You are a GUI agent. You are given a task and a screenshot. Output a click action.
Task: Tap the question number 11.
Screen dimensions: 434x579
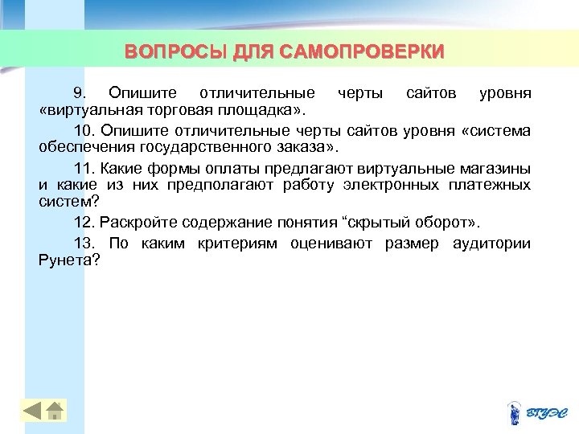point(84,168)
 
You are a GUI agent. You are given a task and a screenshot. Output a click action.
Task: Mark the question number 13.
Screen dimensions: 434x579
point(84,244)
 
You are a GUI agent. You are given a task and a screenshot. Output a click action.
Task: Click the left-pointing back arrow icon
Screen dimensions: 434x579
point(32,411)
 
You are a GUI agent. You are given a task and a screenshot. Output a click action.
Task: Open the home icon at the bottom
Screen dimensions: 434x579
point(55,411)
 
